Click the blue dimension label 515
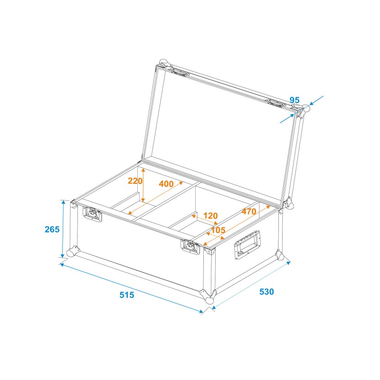point(127,295)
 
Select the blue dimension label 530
point(266,292)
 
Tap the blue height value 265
point(52,229)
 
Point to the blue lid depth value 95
point(294,100)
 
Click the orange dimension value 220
point(135,181)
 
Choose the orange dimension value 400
point(166,184)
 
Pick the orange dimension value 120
point(210,216)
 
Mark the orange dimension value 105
point(218,230)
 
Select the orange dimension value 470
point(249,211)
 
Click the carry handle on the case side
point(247,245)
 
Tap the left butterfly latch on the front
point(92,214)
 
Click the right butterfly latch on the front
point(190,247)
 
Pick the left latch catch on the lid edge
point(179,72)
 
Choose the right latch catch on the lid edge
point(275,103)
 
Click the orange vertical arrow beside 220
point(143,185)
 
